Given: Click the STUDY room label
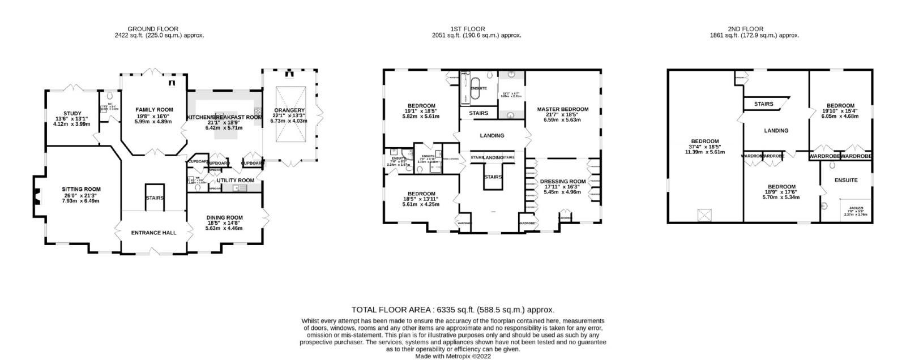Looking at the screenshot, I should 73,113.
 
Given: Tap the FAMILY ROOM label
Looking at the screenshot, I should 154,109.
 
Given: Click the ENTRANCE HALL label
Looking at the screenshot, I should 153,233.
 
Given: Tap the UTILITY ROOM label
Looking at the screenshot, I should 236,180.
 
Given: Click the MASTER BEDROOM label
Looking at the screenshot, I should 562,109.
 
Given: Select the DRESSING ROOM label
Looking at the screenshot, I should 562,181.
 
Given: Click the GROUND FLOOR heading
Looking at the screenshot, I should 153,29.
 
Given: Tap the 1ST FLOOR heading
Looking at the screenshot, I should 468,29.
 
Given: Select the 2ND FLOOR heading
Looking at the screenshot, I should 746,29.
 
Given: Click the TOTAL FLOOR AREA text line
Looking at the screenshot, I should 452,310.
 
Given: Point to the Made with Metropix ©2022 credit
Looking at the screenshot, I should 452,356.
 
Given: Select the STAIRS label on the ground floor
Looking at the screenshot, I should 154,198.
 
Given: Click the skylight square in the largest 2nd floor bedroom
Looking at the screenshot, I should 704,215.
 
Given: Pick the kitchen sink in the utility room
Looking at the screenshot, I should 236,187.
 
